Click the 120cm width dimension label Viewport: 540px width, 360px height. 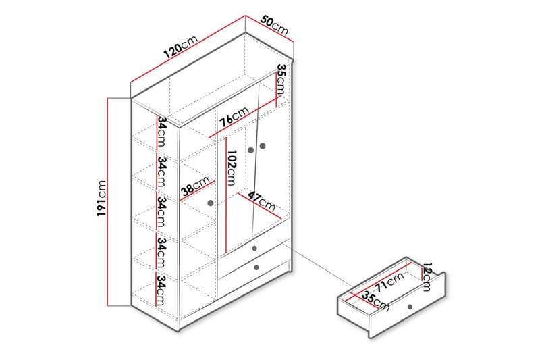point(180,47)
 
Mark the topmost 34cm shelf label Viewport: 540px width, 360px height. point(162,132)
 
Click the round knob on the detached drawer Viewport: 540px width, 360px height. point(409,308)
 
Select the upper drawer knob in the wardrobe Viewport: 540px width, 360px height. point(255,249)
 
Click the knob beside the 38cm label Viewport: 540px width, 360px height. point(211,202)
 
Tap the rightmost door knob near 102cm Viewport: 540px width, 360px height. point(263,145)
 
